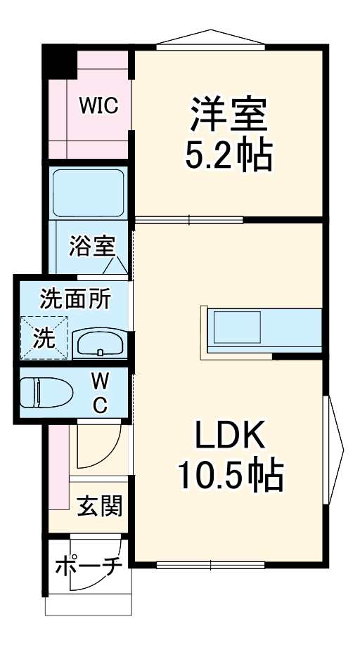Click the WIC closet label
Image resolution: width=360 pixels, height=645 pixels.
coord(98,106)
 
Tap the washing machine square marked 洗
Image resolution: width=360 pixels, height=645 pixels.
coord(44,339)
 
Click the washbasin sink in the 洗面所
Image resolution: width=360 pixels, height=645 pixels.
coord(101,344)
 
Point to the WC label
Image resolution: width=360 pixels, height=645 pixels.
coord(101,393)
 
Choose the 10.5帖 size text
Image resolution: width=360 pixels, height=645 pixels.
coord(229,477)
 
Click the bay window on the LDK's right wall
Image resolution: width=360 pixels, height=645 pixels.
coord(333,450)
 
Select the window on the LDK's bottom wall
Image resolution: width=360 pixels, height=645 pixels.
coord(210,563)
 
